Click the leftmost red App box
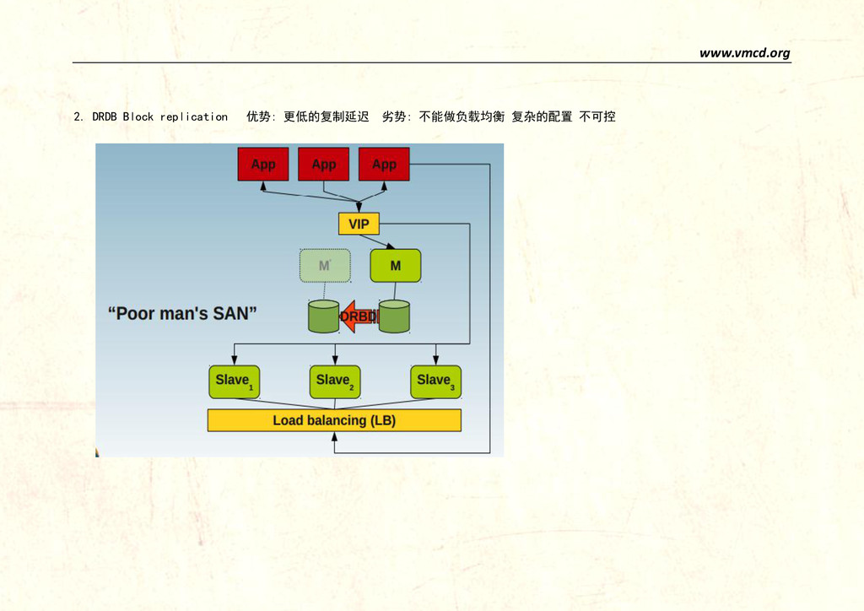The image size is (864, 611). [x=262, y=165]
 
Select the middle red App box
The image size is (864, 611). [x=323, y=165]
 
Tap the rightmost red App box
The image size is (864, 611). [x=384, y=165]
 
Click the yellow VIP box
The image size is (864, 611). [x=359, y=224]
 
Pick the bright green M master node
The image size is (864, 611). [x=395, y=266]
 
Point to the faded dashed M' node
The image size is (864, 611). [x=324, y=266]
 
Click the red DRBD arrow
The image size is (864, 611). [x=358, y=316]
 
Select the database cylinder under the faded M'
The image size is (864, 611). [x=324, y=316]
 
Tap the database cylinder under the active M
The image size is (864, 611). [x=394, y=316]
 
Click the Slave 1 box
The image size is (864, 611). [x=234, y=381]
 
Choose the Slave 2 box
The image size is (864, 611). [x=335, y=381]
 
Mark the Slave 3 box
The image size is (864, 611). [x=435, y=381]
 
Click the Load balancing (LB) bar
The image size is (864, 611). [x=334, y=420]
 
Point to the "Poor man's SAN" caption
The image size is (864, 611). [x=182, y=313]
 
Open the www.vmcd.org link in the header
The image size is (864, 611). [x=744, y=53]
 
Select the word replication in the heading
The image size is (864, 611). [x=194, y=116]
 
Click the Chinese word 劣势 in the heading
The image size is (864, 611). [x=394, y=116]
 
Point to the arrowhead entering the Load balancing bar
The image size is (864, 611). [x=335, y=436]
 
